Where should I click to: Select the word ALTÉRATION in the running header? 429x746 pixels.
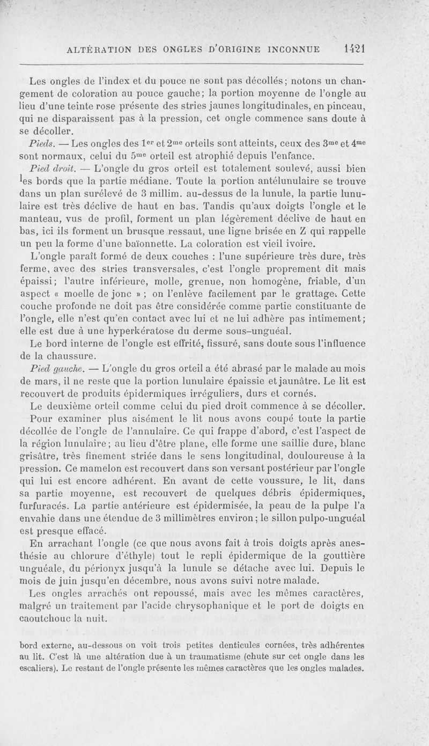(102, 50)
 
